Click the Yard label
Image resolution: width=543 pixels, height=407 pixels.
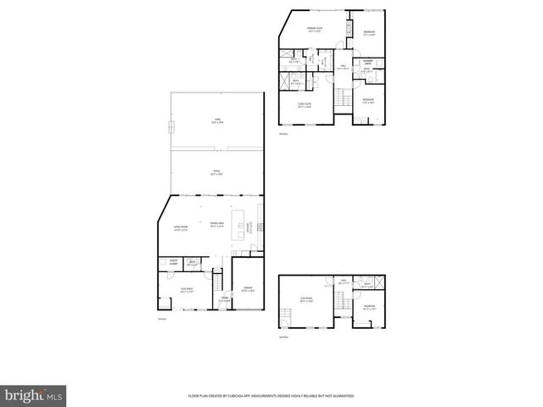point(216,121)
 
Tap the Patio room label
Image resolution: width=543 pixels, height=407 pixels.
point(216,172)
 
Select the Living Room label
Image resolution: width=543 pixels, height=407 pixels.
point(181,228)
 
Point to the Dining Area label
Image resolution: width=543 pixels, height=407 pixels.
point(217,224)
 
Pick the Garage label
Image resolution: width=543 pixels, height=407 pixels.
point(248,290)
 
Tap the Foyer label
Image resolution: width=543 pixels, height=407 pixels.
point(225,298)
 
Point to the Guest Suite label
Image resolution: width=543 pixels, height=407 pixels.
point(304,105)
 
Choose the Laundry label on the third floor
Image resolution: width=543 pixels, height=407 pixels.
point(368,63)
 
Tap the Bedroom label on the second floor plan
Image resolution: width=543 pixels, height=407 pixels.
point(369,307)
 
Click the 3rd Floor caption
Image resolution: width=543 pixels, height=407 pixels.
point(284,134)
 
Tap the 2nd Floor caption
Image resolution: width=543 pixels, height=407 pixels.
point(284,337)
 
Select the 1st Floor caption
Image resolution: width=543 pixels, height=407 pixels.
point(161,319)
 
